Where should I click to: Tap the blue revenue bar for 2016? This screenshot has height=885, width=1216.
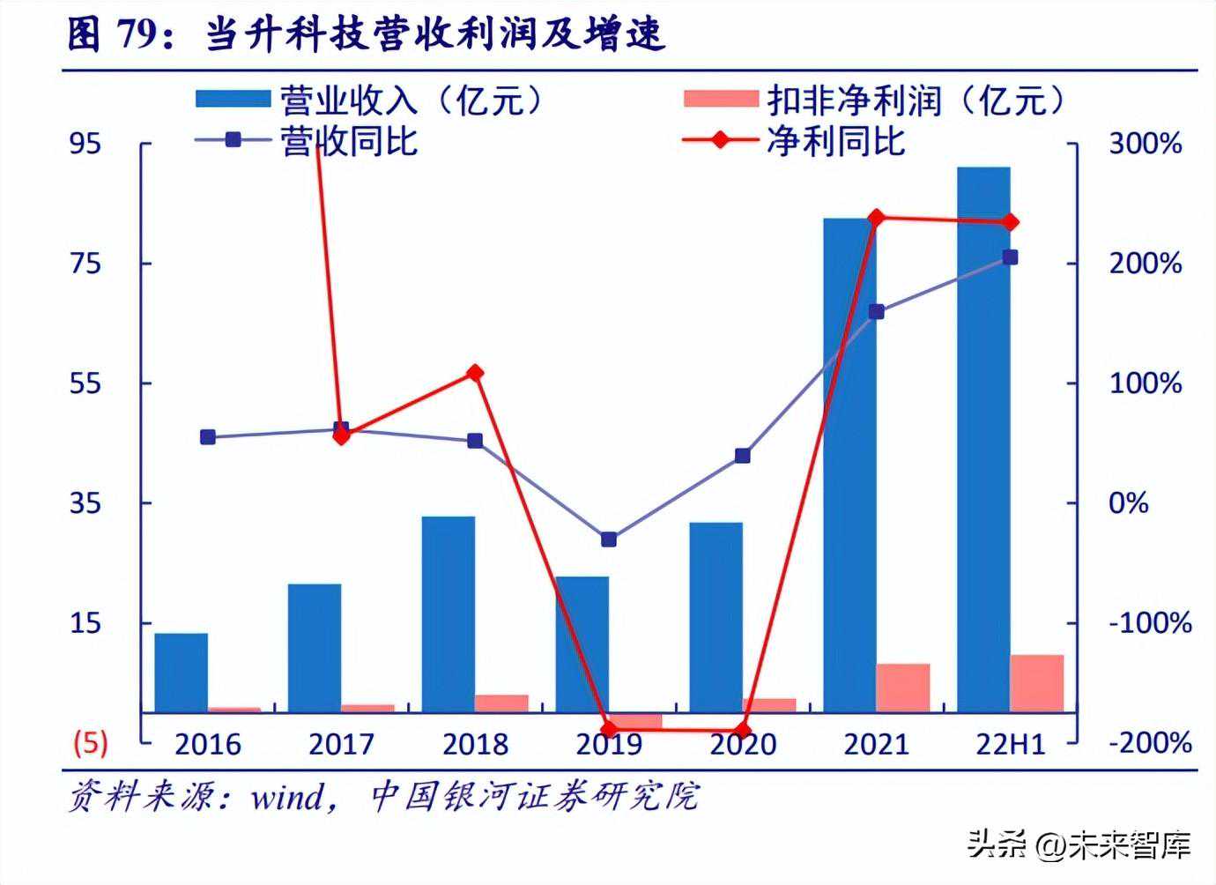click(x=181, y=672)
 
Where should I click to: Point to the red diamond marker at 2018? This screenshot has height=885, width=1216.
click(x=475, y=373)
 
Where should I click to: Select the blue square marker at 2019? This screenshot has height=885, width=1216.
click(x=609, y=539)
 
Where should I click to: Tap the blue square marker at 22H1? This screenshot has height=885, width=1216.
click(x=1010, y=257)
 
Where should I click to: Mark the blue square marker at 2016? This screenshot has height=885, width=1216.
click(x=208, y=437)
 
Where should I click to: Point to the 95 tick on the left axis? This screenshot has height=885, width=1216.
click(x=85, y=143)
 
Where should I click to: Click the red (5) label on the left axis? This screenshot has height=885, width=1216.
click(x=90, y=742)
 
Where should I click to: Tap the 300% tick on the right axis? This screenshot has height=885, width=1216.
click(x=1145, y=144)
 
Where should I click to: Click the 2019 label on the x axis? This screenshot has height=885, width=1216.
click(x=609, y=745)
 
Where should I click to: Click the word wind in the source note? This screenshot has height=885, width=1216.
click(x=286, y=798)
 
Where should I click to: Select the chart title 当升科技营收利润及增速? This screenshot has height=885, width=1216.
click(x=434, y=35)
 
